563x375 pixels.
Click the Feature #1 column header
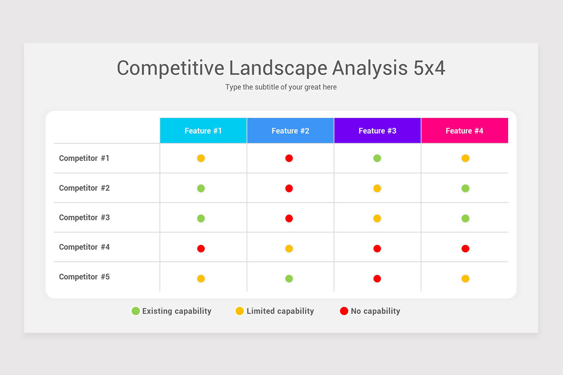pos(203,131)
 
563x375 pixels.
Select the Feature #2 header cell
pos(290,131)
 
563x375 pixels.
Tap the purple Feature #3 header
pos(377,131)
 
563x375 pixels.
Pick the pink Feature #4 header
pos(464,131)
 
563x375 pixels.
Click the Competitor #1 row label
pos(84,158)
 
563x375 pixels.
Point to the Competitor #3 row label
pos(84,217)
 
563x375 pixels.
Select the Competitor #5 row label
pos(84,277)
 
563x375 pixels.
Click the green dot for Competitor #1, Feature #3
pos(377,158)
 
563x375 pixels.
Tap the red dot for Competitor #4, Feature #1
pos(201,248)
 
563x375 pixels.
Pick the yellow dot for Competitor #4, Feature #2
pos(289,248)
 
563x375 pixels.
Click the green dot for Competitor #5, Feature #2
pos(289,278)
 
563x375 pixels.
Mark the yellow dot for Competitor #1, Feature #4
pos(465,158)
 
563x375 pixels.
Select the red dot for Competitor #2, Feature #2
pos(289,188)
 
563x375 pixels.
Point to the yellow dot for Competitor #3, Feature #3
pos(377,218)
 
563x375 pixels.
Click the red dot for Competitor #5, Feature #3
pos(377,278)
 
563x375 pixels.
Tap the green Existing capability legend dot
pos(136,311)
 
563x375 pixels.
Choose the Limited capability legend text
pos(280,311)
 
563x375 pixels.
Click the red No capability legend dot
pos(344,311)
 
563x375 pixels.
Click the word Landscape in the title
pos(278,68)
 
